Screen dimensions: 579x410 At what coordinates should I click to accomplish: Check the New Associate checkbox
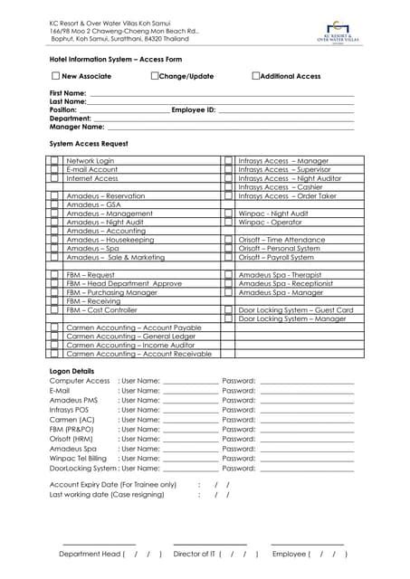[x=56, y=77]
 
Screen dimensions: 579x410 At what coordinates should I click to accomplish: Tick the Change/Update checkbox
[x=155, y=77]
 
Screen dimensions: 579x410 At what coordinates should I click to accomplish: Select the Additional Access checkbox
[x=256, y=77]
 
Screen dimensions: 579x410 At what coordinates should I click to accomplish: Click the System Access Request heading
[x=89, y=144]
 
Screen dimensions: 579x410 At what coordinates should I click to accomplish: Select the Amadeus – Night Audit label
[x=99, y=222]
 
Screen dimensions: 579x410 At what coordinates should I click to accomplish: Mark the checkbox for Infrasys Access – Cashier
[x=228, y=187]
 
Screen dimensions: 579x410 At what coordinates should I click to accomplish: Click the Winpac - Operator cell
[x=271, y=222]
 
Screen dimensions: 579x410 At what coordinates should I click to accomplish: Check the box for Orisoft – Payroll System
[x=228, y=257]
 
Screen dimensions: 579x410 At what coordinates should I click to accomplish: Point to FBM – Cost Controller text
[x=101, y=309]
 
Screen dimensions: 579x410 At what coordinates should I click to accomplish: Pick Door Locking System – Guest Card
[x=295, y=309]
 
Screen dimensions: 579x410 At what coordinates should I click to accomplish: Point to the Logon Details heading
[x=72, y=371]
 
